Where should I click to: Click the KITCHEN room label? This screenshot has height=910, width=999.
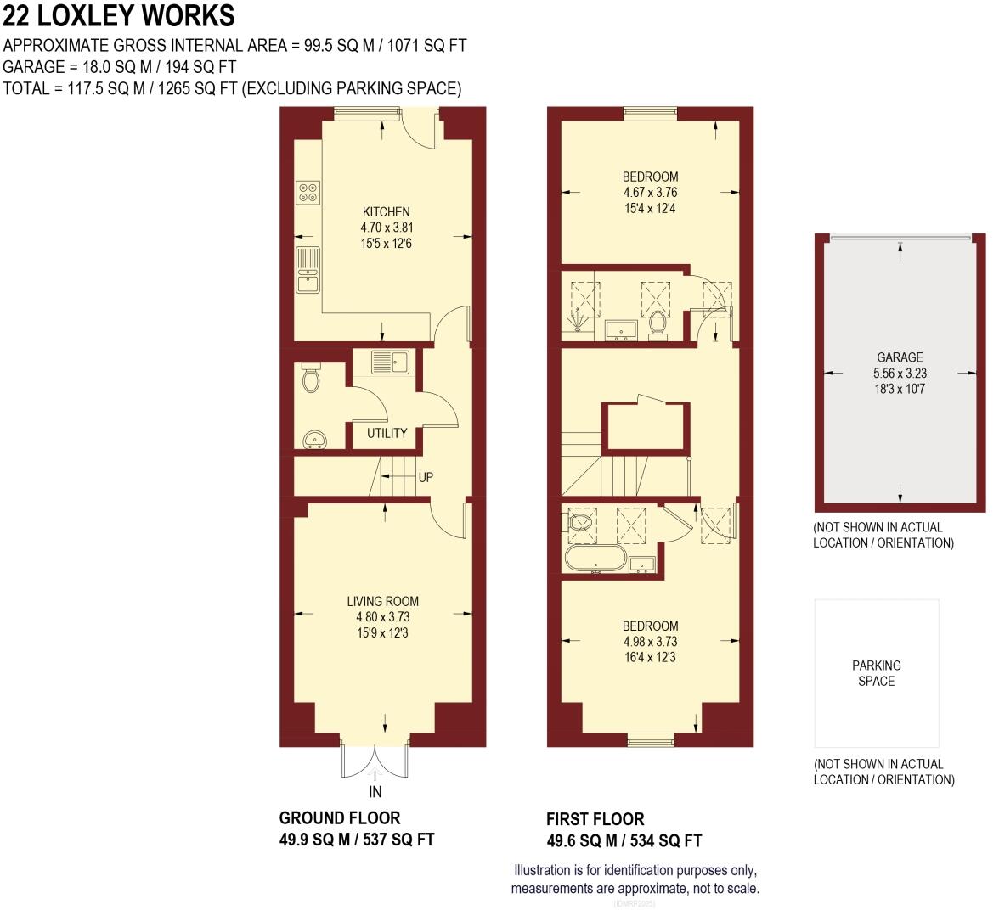(x=386, y=212)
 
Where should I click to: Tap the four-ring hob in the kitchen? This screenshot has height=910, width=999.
(x=308, y=193)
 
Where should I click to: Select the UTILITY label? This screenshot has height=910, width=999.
(x=387, y=433)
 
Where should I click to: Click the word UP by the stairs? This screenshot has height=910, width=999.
(x=426, y=477)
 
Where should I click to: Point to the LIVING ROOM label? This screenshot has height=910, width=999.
(x=383, y=601)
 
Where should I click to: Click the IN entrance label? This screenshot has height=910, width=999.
(x=375, y=791)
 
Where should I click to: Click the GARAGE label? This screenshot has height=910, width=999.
(x=900, y=358)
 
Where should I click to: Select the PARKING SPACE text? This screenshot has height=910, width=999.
(x=877, y=673)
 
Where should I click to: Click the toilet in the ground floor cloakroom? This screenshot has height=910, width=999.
(x=311, y=379)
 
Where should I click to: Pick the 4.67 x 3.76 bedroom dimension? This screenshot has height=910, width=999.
(x=651, y=193)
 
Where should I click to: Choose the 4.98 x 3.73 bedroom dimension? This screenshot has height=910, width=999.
(x=651, y=642)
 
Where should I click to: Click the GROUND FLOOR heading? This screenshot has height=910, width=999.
(x=340, y=818)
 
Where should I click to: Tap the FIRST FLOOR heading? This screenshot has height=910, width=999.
(x=595, y=819)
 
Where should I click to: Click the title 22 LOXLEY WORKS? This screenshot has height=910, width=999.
(x=119, y=16)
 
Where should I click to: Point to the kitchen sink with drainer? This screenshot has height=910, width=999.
(x=308, y=269)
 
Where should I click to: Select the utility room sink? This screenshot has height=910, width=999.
(x=391, y=362)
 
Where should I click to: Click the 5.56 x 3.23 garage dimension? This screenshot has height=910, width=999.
(x=900, y=374)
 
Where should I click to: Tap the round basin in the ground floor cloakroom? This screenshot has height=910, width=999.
(x=314, y=440)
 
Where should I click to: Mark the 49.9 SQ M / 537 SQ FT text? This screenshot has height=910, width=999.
(x=357, y=840)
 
